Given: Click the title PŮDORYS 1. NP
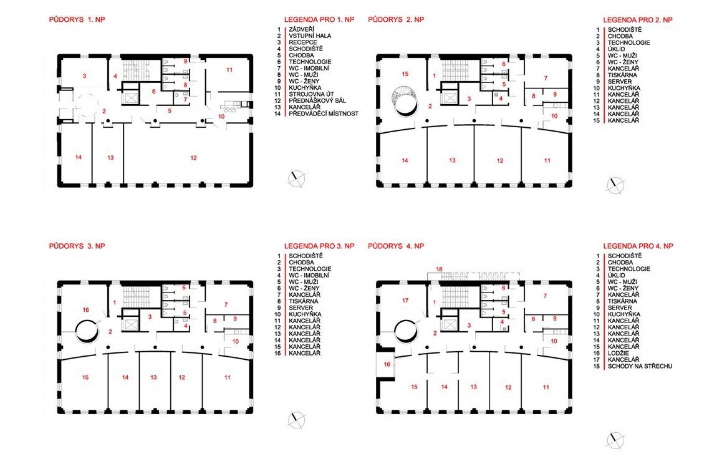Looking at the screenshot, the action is click(x=77, y=19).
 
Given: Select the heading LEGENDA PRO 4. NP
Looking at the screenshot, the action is click(x=637, y=246).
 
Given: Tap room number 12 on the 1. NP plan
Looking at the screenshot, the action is click(x=193, y=158).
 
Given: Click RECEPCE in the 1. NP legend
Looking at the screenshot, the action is click(x=303, y=42).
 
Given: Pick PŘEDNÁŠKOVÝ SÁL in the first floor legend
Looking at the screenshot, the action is click(x=317, y=100).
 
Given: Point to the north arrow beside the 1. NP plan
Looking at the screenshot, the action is click(x=296, y=178).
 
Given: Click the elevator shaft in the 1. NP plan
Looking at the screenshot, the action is click(x=131, y=98).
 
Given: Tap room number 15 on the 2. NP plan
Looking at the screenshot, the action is click(x=405, y=74).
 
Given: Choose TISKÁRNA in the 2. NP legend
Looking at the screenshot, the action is click(x=622, y=75).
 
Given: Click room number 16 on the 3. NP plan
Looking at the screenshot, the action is click(x=86, y=310).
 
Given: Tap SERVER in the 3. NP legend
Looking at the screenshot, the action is click(x=301, y=307).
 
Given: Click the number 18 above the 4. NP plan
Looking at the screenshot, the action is click(x=439, y=269).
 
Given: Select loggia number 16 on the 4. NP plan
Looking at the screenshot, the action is click(x=387, y=365).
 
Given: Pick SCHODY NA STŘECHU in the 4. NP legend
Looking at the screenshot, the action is click(x=640, y=366).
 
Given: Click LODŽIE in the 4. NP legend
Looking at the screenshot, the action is click(x=618, y=353).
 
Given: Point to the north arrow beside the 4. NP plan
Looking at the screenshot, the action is click(x=615, y=439).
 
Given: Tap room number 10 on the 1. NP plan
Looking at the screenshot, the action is click(x=221, y=117).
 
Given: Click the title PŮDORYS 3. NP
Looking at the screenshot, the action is click(x=77, y=246).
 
